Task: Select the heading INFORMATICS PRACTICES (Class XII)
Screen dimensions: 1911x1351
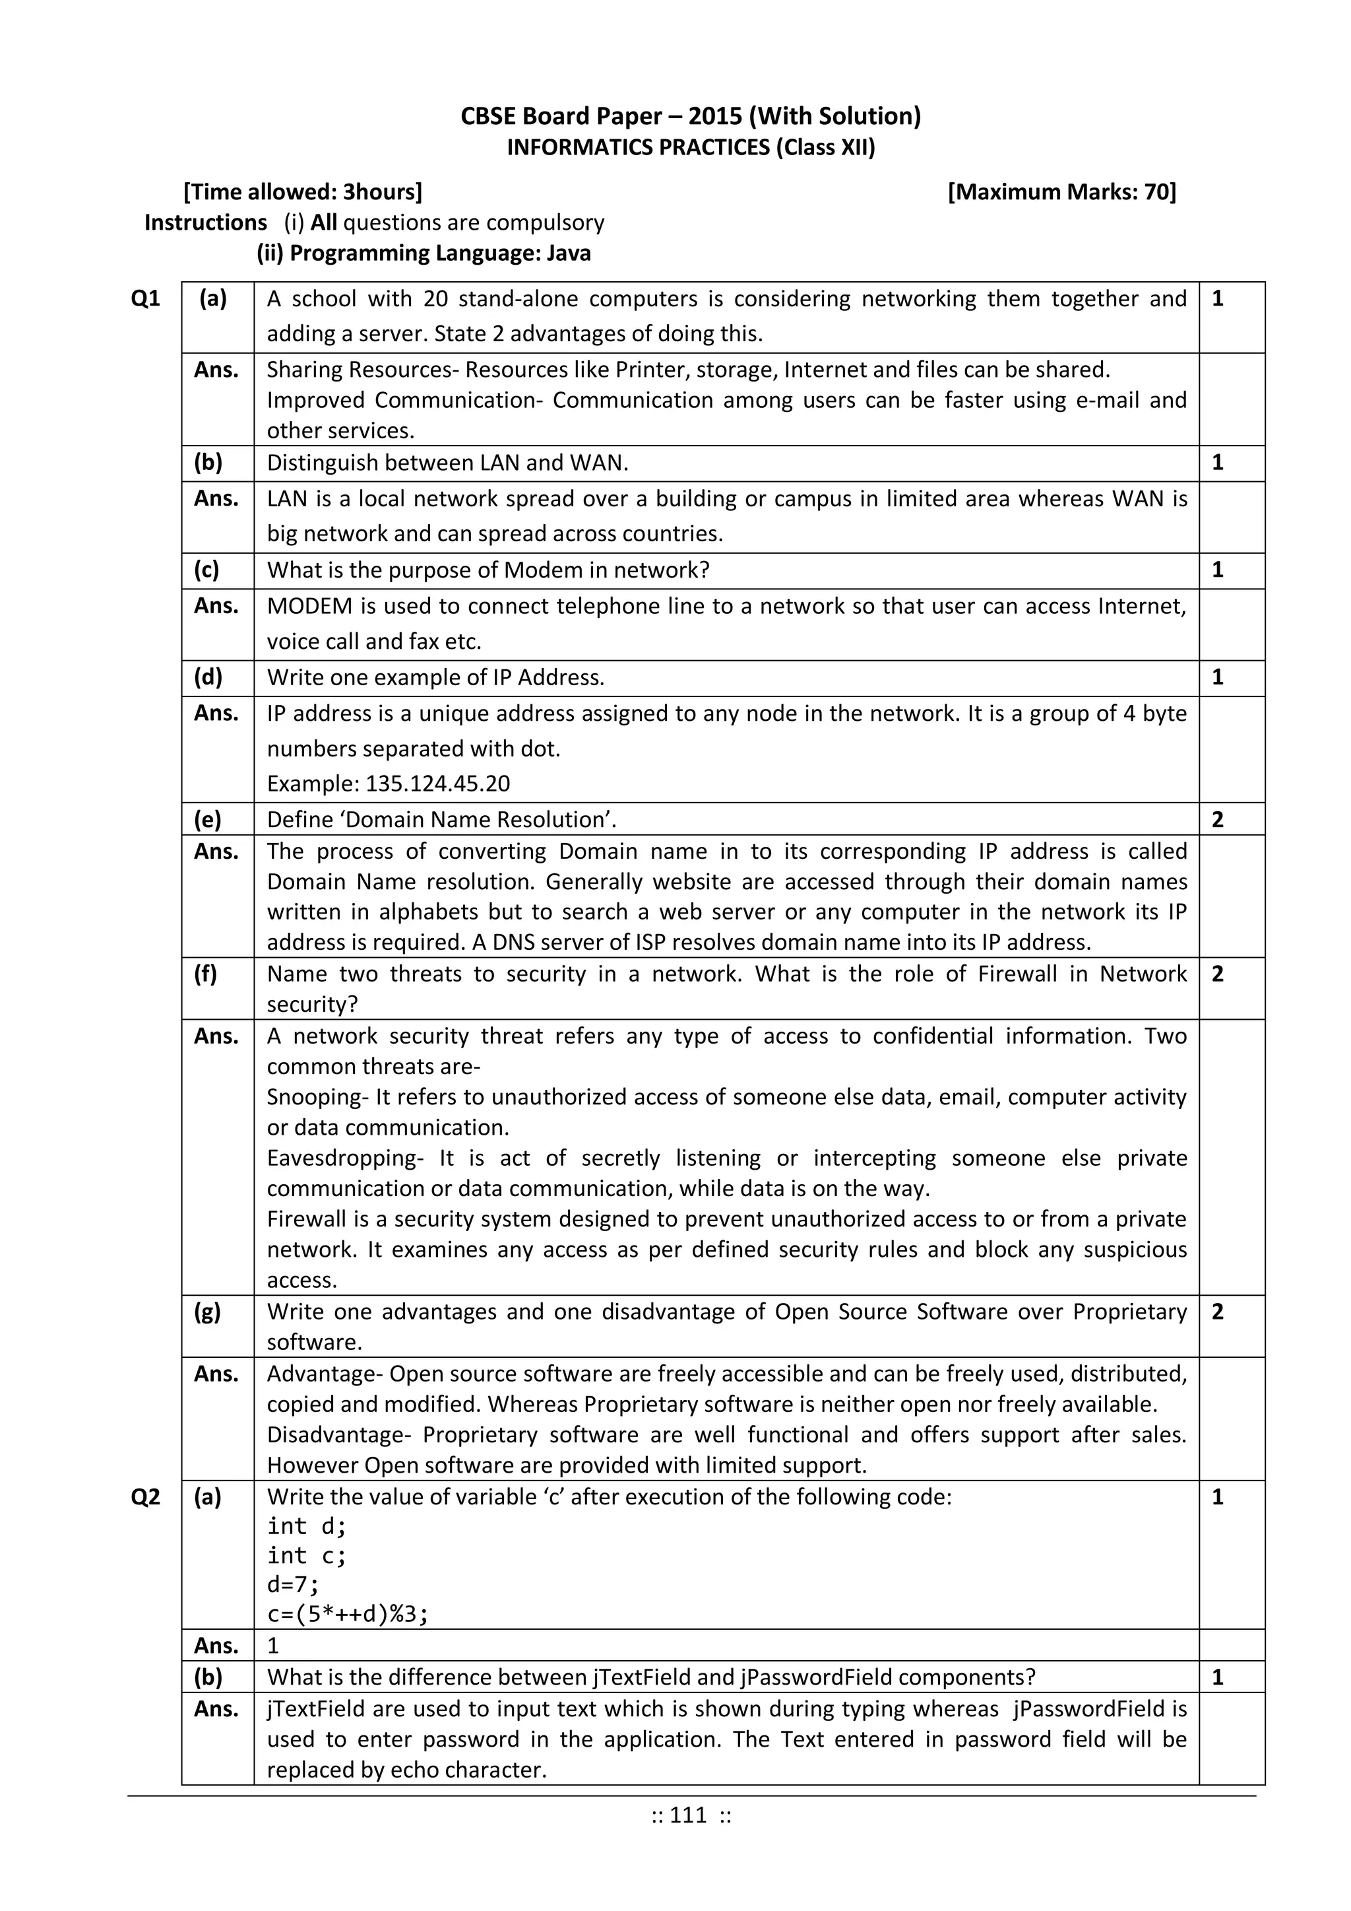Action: coord(691,147)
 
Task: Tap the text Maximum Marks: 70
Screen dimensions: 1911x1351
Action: coord(1062,192)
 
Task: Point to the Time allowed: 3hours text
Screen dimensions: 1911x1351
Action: coord(303,192)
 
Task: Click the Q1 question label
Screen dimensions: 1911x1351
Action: coord(146,299)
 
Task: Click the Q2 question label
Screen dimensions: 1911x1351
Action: coord(146,1496)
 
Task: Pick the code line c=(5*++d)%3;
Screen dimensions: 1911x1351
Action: coord(348,1615)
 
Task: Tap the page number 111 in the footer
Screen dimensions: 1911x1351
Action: coord(689,1815)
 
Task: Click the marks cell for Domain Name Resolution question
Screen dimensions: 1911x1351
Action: coord(1218,820)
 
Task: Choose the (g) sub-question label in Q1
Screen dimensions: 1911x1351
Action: coord(207,1312)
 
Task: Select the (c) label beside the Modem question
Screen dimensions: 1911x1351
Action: coord(206,570)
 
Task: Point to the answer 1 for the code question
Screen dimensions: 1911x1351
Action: coord(273,1646)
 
